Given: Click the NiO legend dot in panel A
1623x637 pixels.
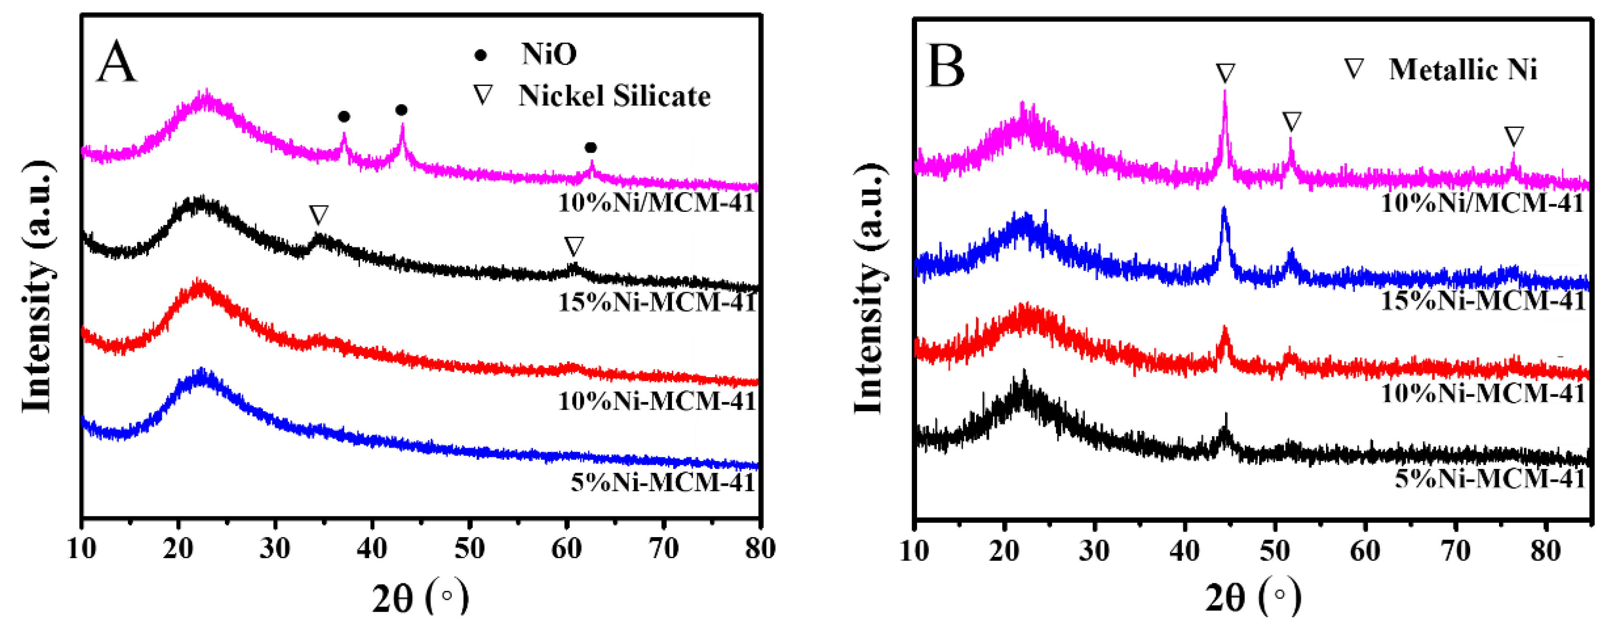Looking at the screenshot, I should tap(480, 55).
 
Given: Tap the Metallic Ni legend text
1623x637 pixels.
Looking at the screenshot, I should tap(1463, 69).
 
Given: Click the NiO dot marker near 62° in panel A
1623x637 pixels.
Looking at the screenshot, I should tap(590, 148).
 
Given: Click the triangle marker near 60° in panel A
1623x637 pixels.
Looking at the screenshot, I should tap(574, 246).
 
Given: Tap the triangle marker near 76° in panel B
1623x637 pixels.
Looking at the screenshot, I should tap(1514, 136).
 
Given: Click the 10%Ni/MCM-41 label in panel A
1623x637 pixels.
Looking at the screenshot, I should tap(657, 203).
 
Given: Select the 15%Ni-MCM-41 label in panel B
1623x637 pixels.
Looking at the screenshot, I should tap(1483, 301).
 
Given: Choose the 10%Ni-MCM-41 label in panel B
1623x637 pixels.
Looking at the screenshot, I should tap(1483, 393).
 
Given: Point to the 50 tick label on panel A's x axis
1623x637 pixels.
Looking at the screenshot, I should tap(470, 550).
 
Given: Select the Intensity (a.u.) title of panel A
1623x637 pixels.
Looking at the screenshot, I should tap(37, 287).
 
